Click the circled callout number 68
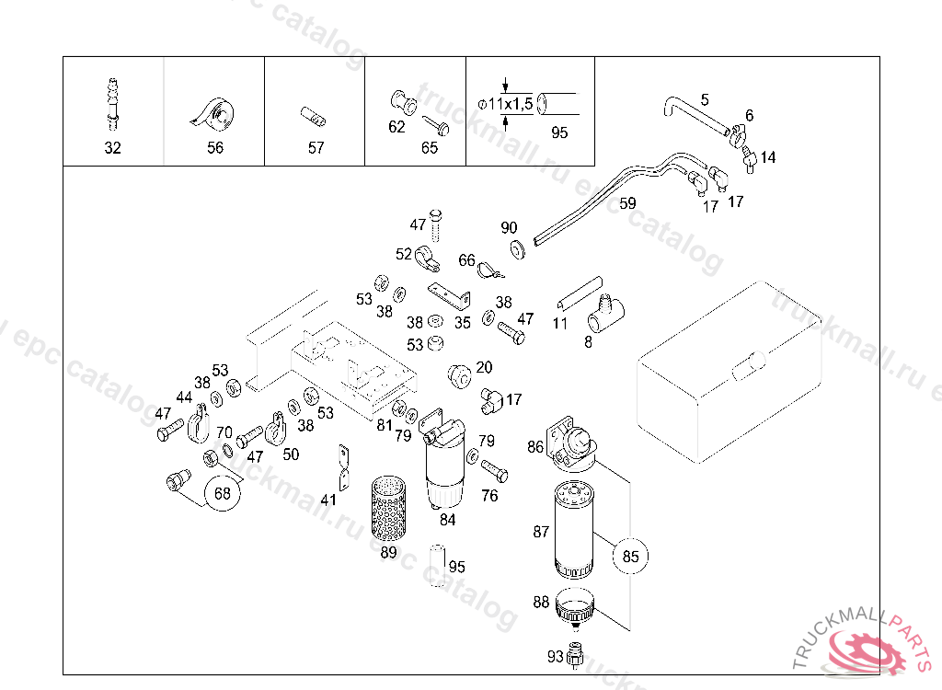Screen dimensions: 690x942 tap(223, 493)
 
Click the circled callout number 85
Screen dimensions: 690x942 tap(630, 556)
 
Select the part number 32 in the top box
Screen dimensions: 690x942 tap(112, 148)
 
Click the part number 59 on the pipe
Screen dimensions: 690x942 tap(627, 204)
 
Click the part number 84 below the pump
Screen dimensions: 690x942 tap(447, 520)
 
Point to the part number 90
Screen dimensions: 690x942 tap(509, 228)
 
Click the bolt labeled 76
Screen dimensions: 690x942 tap(494, 472)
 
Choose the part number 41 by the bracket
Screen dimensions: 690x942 tap(328, 500)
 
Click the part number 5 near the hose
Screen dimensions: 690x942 tap(705, 98)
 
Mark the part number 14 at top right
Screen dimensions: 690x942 tap(768, 158)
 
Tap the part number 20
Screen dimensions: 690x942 tap(484, 368)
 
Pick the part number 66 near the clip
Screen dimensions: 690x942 tap(466, 260)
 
